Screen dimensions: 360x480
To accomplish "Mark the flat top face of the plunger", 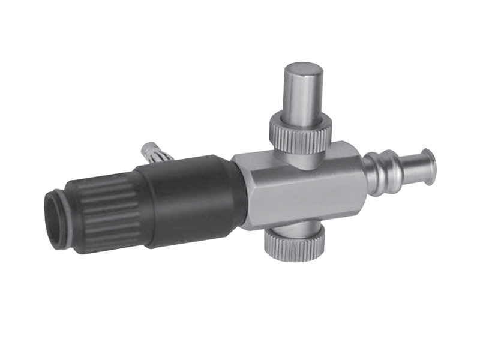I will [x=303, y=69].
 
